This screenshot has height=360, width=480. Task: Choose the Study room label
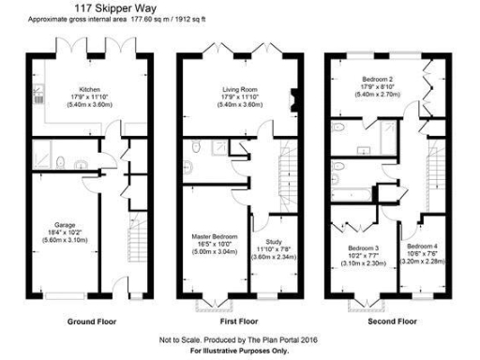point(273,241)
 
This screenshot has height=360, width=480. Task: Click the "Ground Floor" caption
point(92,321)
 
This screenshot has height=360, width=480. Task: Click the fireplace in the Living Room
point(293,97)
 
